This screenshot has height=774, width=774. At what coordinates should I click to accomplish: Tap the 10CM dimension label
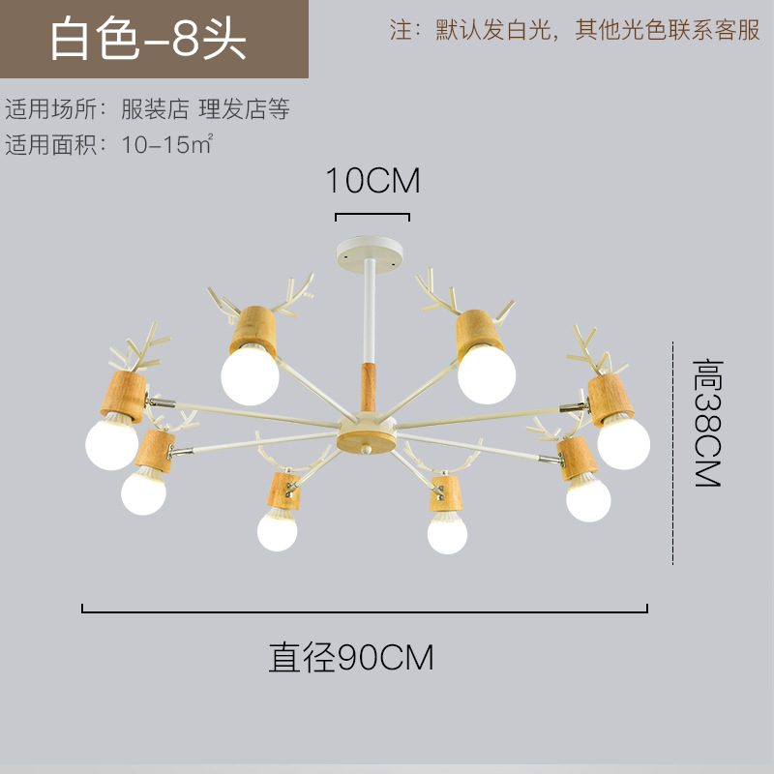[372, 181]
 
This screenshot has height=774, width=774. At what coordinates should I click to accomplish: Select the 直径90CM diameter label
[351, 658]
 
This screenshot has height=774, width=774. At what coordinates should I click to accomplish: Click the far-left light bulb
[111, 442]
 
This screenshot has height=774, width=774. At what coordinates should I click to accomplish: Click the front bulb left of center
[278, 529]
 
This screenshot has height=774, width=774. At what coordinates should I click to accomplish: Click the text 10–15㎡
[166, 145]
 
